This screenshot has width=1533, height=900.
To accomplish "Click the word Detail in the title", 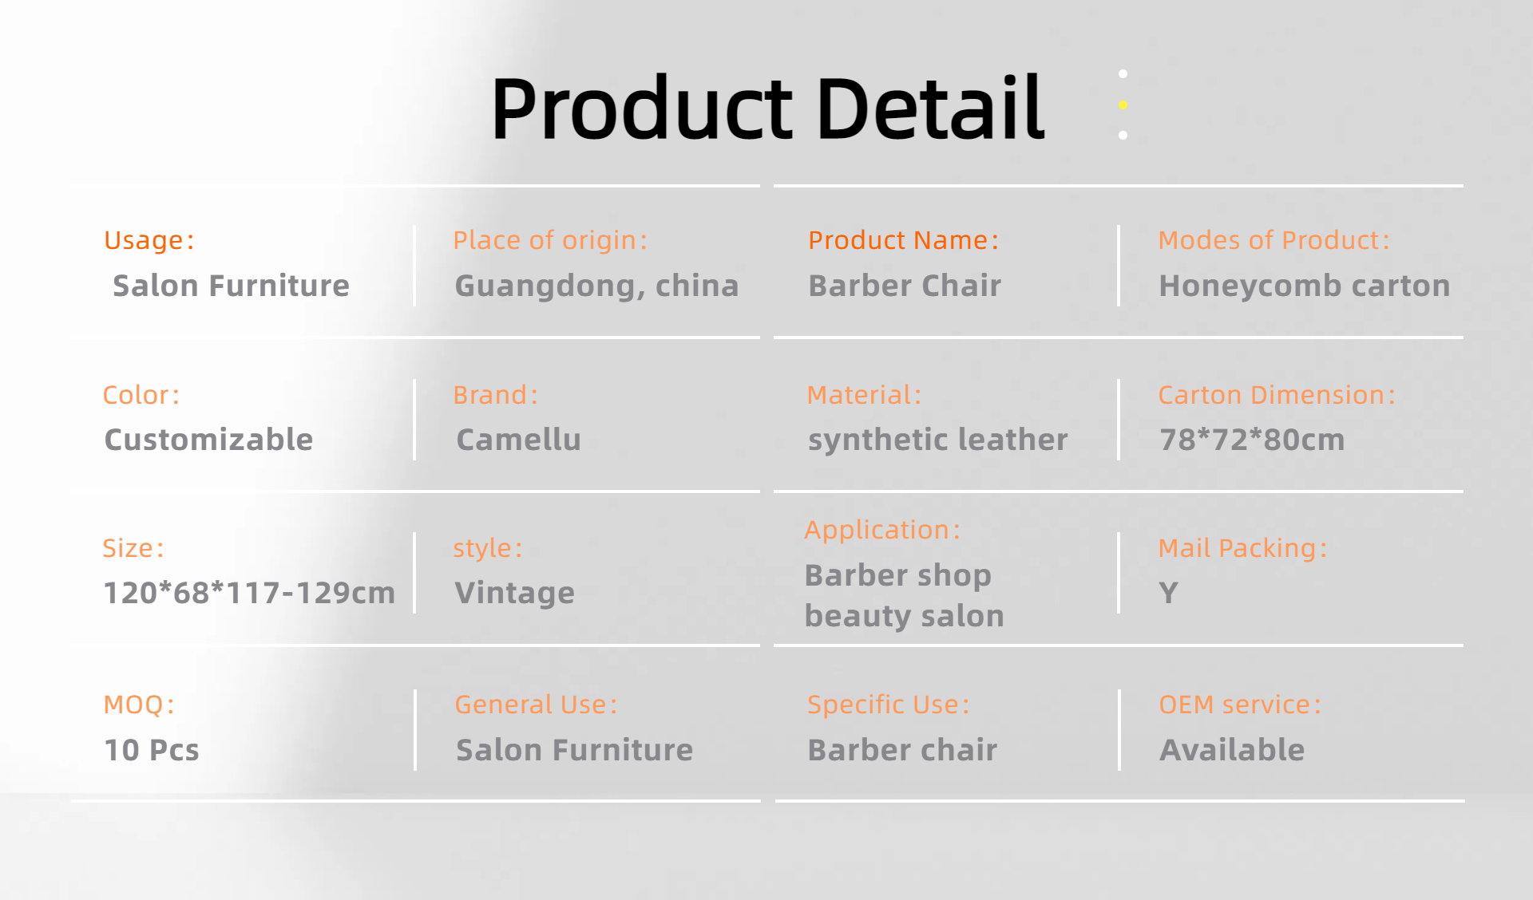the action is [x=930, y=108].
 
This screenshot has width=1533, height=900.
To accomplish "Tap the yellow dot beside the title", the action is [x=1123, y=105].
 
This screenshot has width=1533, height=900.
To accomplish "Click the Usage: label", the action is [x=149, y=240].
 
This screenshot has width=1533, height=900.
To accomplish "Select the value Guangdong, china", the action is [x=596, y=286].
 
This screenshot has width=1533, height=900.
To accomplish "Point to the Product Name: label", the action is [x=903, y=240].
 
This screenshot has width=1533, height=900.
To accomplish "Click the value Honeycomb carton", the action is [x=1305, y=286].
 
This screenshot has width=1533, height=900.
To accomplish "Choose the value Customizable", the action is [x=208, y=440].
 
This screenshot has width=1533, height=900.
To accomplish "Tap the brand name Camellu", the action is [x=518, y=440].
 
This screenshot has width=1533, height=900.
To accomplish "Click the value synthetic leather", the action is [x=938, y=440].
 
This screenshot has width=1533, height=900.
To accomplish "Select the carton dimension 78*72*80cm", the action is [x=1252, y=440].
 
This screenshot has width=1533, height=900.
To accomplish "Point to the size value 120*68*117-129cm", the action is [x=249, y=593].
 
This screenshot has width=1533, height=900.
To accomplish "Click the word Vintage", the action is [x=514, y=593].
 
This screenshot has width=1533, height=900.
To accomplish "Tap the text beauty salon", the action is [x=904, y=616].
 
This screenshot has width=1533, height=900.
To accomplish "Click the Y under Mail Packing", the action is [x=1168, y=593].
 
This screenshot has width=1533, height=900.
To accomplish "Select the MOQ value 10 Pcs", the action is [x=152, y=750].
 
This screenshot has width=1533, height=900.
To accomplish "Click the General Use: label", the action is [x=536, y=705].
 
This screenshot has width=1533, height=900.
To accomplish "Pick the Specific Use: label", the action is [x=888, y=705].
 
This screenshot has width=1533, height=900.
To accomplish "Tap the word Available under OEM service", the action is [x=1232, y=750].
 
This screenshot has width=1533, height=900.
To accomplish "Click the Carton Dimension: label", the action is [x=1277, y=395].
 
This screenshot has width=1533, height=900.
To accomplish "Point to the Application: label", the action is [x=882, y=530].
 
